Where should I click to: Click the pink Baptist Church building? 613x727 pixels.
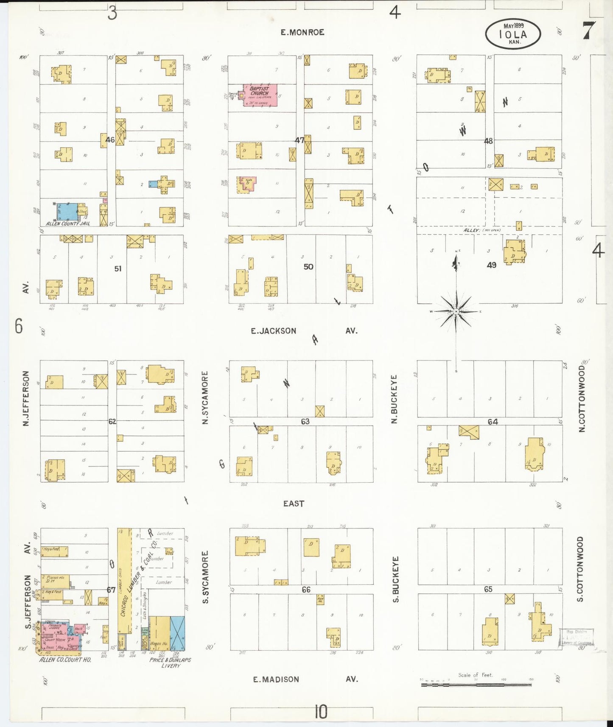tap(260, 94)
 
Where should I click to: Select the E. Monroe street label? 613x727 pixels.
tap(302, 32)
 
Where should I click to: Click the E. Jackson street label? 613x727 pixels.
tap(274, 331)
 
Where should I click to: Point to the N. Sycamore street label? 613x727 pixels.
tap(205, 397)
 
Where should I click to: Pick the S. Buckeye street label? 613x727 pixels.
tap(396, 579)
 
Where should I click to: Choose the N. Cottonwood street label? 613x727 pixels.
tap(582, 399)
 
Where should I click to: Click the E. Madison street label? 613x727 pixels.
tap(276, 679)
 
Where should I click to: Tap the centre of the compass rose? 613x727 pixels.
tap(456, 312)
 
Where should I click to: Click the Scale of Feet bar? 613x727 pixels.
tap(476, 684)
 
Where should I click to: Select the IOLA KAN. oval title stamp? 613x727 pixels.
tap(513, 34)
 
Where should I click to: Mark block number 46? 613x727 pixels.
tap(110, 140)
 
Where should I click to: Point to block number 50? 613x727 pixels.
tap(308, 267)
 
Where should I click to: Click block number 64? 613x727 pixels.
tap(493, 422)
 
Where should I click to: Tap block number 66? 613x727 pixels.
tap(306, 590)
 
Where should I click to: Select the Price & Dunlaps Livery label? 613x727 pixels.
tap(170, 663)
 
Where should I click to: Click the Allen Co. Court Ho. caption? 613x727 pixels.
tap(65, 660)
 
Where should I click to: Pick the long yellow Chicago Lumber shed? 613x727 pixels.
tap(124, 581)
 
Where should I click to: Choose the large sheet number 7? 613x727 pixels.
tap(588, 31)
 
